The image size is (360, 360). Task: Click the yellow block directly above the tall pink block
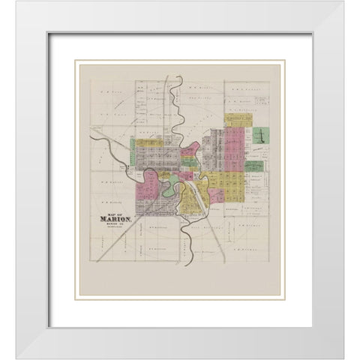238,120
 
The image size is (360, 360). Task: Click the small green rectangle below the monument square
254,166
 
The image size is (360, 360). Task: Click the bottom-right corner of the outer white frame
344,344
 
